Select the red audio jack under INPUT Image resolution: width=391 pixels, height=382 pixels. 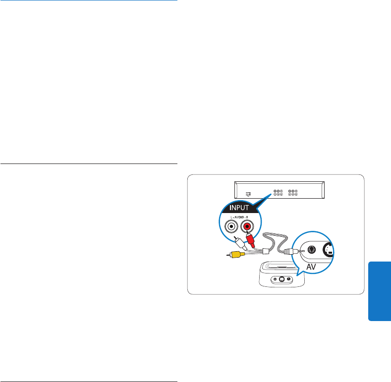click(x=247, y=227)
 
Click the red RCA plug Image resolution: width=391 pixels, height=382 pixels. click(x=250, y=242)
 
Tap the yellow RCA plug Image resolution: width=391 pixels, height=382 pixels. click(x=236, y=254)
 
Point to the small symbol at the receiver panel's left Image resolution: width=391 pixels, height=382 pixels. click(x=249, y=194)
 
